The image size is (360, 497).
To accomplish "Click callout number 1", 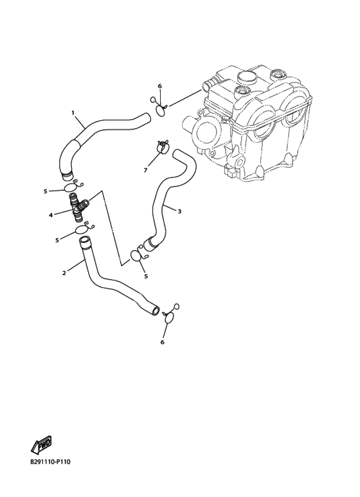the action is click(73, 113).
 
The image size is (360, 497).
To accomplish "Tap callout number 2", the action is click(64, 273).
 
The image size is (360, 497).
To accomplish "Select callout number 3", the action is click(179, 211).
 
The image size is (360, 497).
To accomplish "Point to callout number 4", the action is click(50, 215).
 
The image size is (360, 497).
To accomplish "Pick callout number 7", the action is click(145, 170).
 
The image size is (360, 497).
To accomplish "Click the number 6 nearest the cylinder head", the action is click(159, 86).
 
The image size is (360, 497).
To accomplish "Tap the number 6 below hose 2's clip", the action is click(163, 342).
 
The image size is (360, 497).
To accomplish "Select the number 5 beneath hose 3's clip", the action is click(146, 276).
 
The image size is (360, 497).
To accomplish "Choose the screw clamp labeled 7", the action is click(163, 147).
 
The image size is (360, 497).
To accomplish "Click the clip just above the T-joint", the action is click(73, 186).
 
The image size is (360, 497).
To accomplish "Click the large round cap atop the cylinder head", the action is click(246, 78).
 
